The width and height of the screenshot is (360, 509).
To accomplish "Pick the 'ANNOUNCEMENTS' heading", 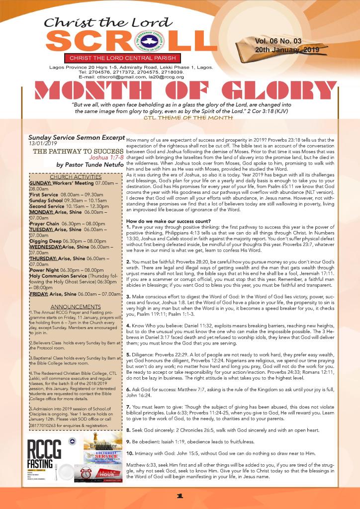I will pos(76,306).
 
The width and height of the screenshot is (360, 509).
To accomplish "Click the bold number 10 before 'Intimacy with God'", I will pos(130,454).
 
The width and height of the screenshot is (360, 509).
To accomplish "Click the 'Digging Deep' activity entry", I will pos(46,241).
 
